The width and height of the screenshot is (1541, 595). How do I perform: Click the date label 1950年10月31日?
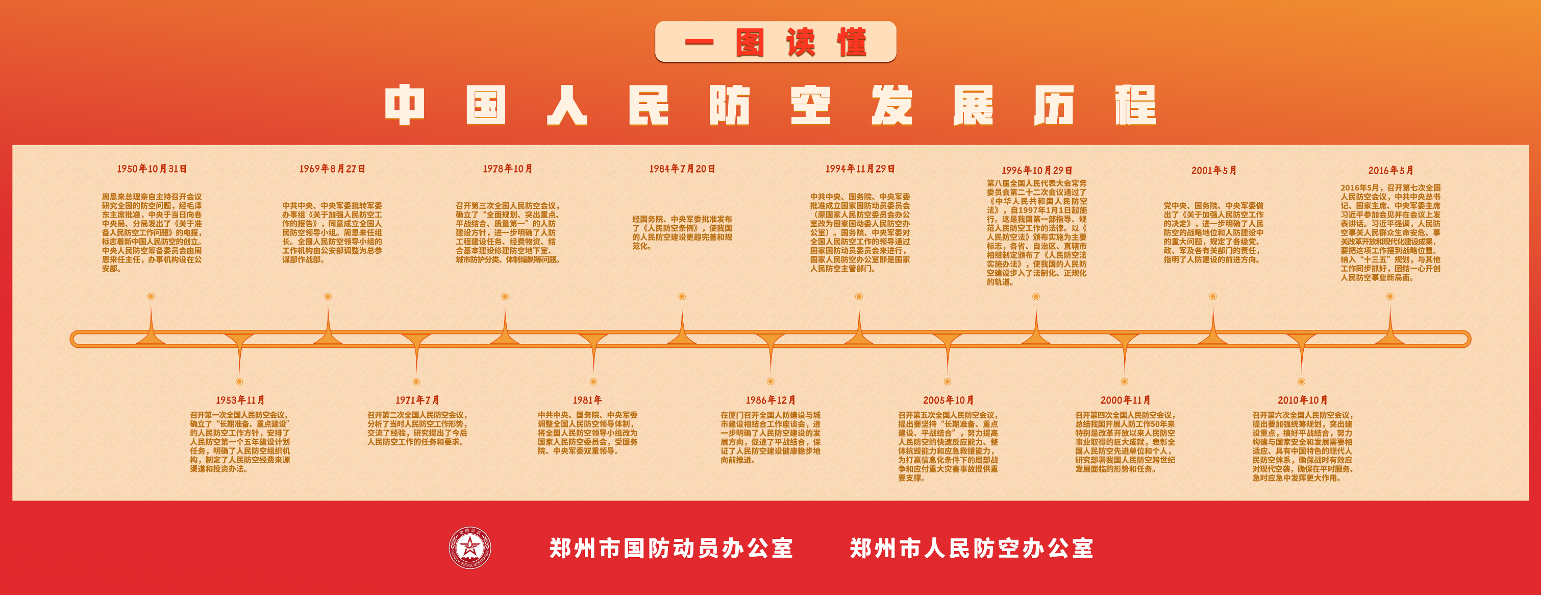pos(152,169)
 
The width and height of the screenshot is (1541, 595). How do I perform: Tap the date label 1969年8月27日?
pos(332,169)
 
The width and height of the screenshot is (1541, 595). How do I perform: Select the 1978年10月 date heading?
pos(507,169)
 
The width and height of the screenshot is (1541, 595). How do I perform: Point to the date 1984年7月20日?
pos(682,169)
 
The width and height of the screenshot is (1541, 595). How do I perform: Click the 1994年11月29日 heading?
pos(860,169)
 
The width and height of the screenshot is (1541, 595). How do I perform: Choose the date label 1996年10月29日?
pos(1037,171)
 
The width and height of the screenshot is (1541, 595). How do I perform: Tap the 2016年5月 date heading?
pos(1390,171)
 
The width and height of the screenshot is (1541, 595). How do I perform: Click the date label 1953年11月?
pos(240,400)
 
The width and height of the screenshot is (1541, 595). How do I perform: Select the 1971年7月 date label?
pos(417,400)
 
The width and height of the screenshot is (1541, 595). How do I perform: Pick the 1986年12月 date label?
pos(770,400)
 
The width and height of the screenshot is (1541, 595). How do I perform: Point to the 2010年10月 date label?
pos(1302,400)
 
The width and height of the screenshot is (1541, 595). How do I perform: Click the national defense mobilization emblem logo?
pos(469,548)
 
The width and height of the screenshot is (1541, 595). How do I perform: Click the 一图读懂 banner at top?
pos(775,42)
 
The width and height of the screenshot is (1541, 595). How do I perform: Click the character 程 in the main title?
pos(1135,105)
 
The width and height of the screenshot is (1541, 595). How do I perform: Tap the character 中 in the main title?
pos(405,105)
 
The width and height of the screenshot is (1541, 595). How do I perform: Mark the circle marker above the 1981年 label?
pos(593,382)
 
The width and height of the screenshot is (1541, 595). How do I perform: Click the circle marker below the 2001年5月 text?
pos(1212,296)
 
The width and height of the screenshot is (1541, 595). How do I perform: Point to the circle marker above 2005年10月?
pos(948,382)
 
